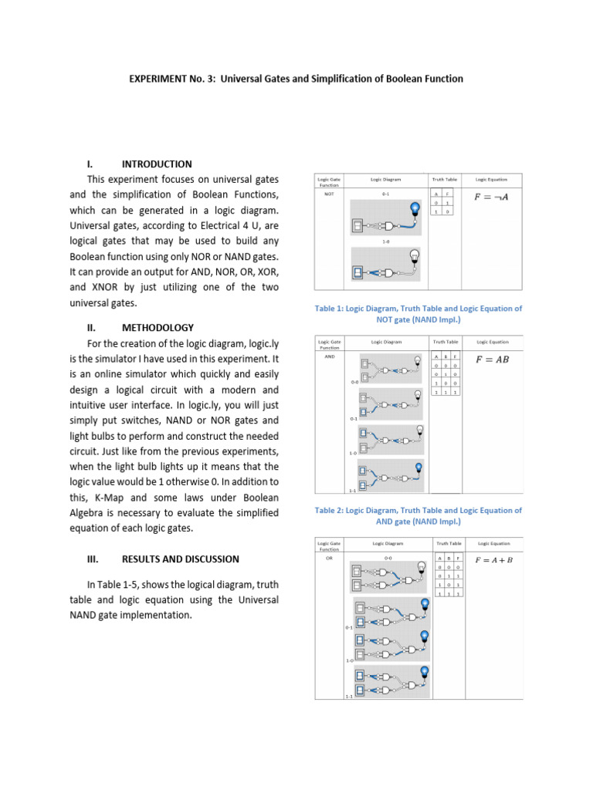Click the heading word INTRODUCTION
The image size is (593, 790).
point(157,164)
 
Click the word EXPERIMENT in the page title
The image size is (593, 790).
point(153,79)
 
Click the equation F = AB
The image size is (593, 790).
point(491,359)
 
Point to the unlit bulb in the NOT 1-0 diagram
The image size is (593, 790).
point(414,256)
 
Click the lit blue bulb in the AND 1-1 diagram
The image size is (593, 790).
point(418,467)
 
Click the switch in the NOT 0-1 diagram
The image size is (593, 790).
point(357,226)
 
